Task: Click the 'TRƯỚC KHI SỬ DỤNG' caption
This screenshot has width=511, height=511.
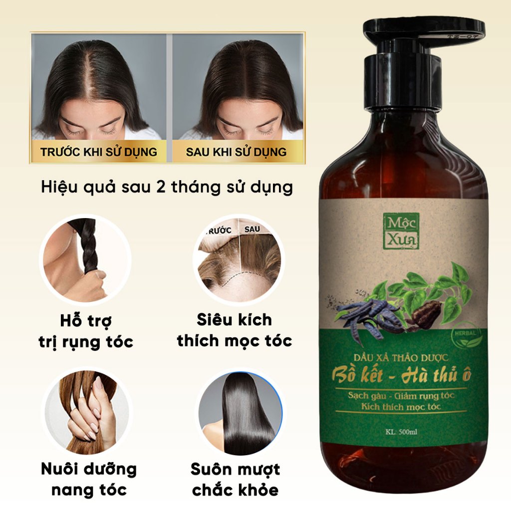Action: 98,152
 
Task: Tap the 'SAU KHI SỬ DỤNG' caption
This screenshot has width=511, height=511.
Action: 236,152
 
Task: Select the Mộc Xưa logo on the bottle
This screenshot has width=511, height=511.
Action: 401,231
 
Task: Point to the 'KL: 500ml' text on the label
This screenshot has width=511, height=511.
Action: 401,432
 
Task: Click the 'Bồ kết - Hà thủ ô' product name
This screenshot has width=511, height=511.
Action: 401,375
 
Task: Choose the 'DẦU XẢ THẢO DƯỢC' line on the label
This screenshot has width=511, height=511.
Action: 401,357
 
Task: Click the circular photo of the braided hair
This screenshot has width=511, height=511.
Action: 85,259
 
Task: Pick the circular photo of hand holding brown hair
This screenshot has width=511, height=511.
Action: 87,412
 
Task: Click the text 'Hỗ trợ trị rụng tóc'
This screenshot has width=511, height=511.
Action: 86,331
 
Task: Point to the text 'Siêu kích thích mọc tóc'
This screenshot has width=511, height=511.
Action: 235,330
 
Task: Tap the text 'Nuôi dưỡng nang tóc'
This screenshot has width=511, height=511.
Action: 89,480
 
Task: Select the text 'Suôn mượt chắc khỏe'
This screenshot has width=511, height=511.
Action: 235,480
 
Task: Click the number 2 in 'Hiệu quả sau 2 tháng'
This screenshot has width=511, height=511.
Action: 161,187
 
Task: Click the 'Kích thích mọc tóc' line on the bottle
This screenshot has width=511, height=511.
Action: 401,407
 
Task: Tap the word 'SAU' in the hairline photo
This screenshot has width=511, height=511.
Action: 252,229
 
